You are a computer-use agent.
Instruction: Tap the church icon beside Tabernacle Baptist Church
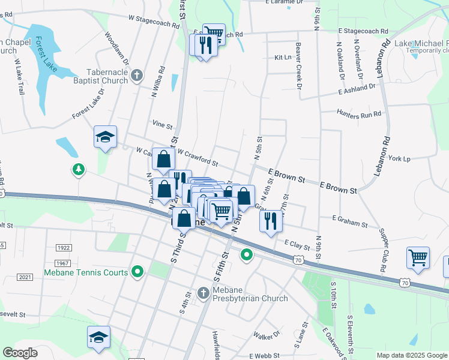[137, 75]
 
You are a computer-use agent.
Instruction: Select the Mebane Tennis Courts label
[86, 272]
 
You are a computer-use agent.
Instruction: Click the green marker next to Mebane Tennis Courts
[137, 272]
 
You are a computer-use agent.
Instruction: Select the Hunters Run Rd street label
[359, 113]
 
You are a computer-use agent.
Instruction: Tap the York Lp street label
[399, 159]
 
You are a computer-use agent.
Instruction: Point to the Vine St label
[162, 126]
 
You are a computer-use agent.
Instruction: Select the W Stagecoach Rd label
[154, 22]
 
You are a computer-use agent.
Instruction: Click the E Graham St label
[349, 221]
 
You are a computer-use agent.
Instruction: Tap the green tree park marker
[78, 170]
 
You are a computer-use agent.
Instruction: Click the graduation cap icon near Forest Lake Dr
[105, 137]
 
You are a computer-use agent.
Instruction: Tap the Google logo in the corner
[21, 353]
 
